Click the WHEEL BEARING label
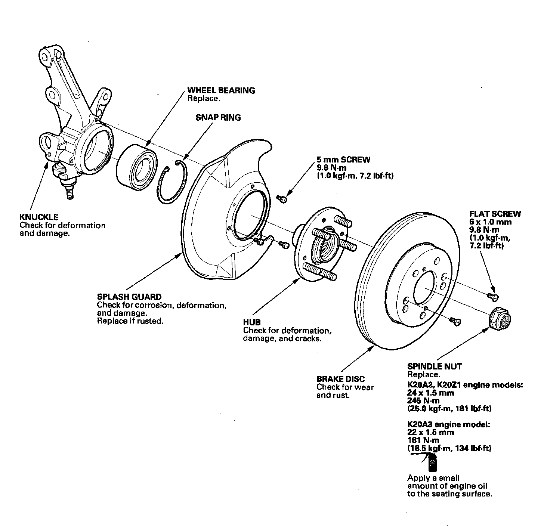pyautogui.click(x=221, y=90)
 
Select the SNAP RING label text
pyautogui.click(x=218, y=118)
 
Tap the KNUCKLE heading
pyautogui.click(x=39, y=217)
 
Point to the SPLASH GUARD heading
pyautogui.click(x=129, y=297)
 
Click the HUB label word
pyautogui.click(x=252, y=322)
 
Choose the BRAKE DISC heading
pyautogui.click(x=340, y=379)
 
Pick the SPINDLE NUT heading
pyautogui.click(x=435, y=366)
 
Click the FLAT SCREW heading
pyautogui.click(x=495, y=214)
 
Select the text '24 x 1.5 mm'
pyautogui.click(x=430, y=393)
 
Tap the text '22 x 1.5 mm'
pyautogui.click(x=430, y=433)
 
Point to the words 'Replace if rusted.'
pyautogui.click(x=130, y=321)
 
